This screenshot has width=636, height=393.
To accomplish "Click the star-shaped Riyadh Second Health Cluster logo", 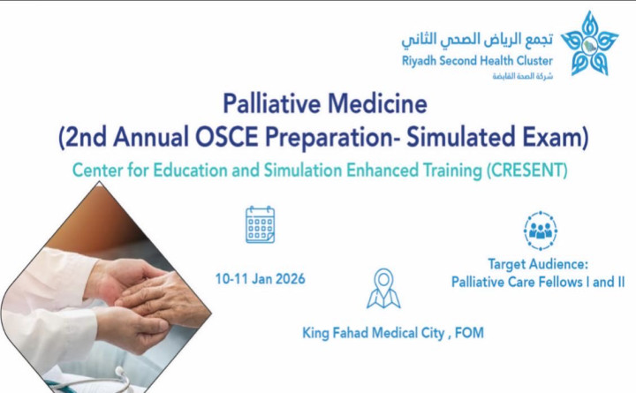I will pos(589,42).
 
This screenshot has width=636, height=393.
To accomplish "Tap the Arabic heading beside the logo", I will pos(477,41).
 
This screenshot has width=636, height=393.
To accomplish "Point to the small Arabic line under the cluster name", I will pos(521,77).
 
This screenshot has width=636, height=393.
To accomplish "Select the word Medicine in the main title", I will pos(381,106).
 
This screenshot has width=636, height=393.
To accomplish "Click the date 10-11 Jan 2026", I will pos(260,279).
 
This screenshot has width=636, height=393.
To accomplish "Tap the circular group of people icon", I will pos(539,230).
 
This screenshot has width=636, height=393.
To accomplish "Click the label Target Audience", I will pos(538,263).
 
